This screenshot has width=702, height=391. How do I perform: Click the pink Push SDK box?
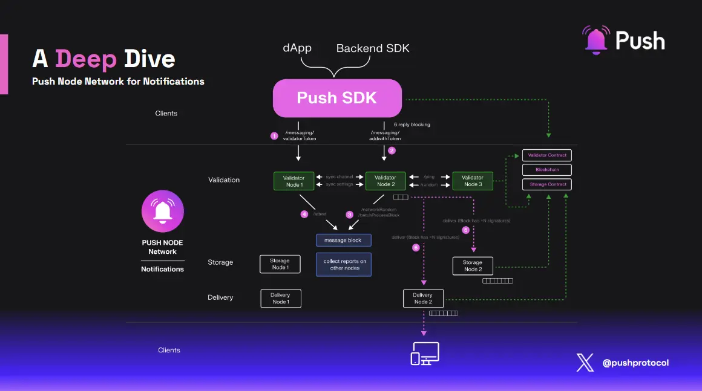coord(337,98)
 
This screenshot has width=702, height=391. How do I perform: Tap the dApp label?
coord(297,48)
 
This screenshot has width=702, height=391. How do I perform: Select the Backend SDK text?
coord(373,48)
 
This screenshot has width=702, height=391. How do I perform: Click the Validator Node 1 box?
coord(294,181)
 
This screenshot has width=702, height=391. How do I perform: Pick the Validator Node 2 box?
coord(385,181)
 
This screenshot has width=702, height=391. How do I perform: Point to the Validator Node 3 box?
coord(473,181)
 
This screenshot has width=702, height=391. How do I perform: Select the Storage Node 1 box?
coord(280,264)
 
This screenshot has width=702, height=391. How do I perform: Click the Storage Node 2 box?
coord(473,266)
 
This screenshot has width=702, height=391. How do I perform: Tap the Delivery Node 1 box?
coord(280,299)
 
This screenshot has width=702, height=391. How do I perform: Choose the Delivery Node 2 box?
coord(423,299)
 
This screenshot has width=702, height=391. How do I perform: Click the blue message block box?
coord(343,241)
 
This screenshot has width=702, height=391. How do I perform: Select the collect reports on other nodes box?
coord(344,265)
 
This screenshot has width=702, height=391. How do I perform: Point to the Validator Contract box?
coord(547,155)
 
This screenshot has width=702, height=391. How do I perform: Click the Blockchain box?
coord(547,170)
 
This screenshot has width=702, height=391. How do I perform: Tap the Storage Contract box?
coord(547,184)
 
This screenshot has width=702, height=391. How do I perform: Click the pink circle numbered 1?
coord(274,136)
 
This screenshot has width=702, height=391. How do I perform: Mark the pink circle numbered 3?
coord(349,215)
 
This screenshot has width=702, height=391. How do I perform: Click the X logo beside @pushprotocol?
coord(585,363)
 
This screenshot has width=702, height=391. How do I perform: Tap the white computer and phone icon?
coord(425,354)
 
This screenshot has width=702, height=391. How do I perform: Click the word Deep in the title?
coord(86,59)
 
